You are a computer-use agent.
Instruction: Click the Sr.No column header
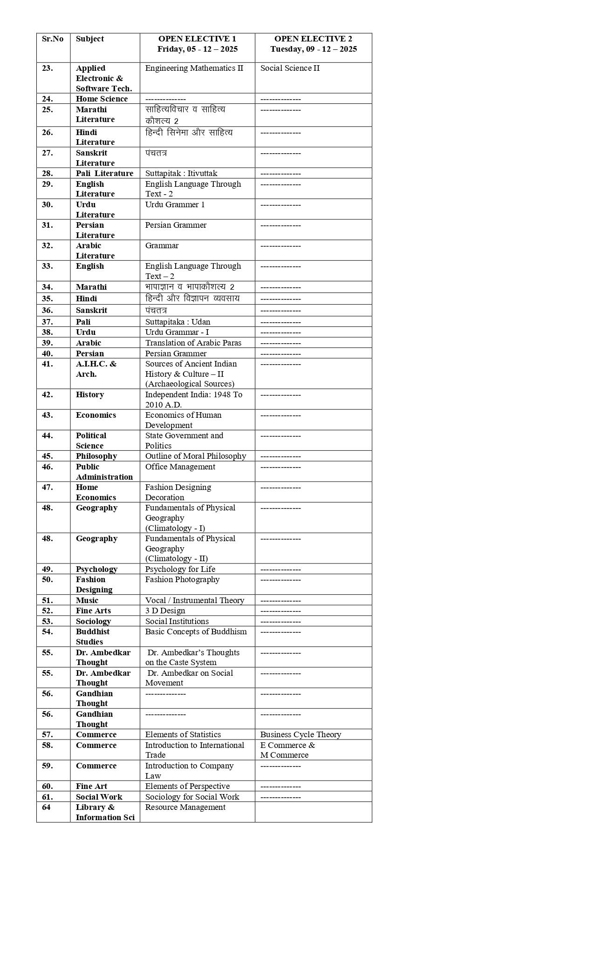pyautogui.click(x=53, y=39)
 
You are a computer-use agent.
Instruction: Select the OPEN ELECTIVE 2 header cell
pyautogui.click(x=313, y=44)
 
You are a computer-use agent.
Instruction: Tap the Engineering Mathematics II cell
pyautogui.click(x=194, y=68)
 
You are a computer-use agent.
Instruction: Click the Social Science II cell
pyautogui.click(x=290, y=68)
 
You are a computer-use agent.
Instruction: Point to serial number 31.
pyautogui.click(x=48, y=225)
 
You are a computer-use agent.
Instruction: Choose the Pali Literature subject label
pyautogui.click(x=104, y=174)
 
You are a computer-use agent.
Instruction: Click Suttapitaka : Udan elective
pyautogui.click(x=178, y=322)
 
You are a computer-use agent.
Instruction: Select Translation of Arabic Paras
pyautogui.click(x=193, y=343)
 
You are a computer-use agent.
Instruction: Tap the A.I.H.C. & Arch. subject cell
pyautogui.click(x=96, y=369)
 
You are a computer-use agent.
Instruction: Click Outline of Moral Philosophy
pyautogui.click(x=195, y=456)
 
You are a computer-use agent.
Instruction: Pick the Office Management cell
pyautogui.click(x=180, y=467)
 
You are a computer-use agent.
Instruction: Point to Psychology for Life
pyautogui.click(x=180, y=570)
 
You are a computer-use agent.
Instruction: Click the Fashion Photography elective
pyautogui.click(x=182, y=580)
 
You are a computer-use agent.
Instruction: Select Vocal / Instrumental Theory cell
pyautogui.click(x=194, y=601)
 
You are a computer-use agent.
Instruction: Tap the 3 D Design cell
pyautogui.click(x=165, y=611)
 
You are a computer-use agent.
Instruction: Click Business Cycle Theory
pyautogui.click(x=300, y=735)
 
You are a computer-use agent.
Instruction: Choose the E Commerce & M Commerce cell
pyautogui.click(x=287, y=750)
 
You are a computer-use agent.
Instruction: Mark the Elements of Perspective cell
pyautogui.click(x=187, y=787)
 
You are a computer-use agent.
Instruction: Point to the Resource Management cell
pyautogui.click(x=185, y=808)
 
